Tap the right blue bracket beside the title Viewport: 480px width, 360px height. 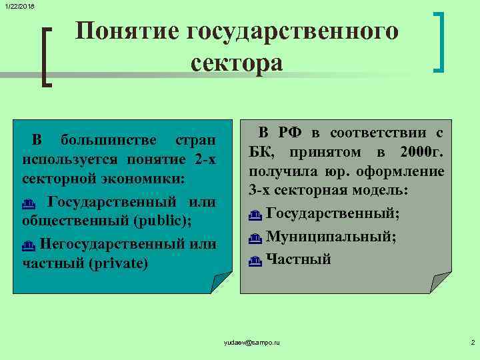[x=439, y=41]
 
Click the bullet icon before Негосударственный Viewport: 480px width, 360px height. [x=28, y=245]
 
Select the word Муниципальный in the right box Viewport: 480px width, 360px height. [x=329, y=237]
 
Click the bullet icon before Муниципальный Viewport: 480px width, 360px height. [x=254, y=238]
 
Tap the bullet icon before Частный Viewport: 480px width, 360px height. [x=254, y=261]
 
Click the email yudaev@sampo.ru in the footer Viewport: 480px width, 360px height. [x=253, y=342]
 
